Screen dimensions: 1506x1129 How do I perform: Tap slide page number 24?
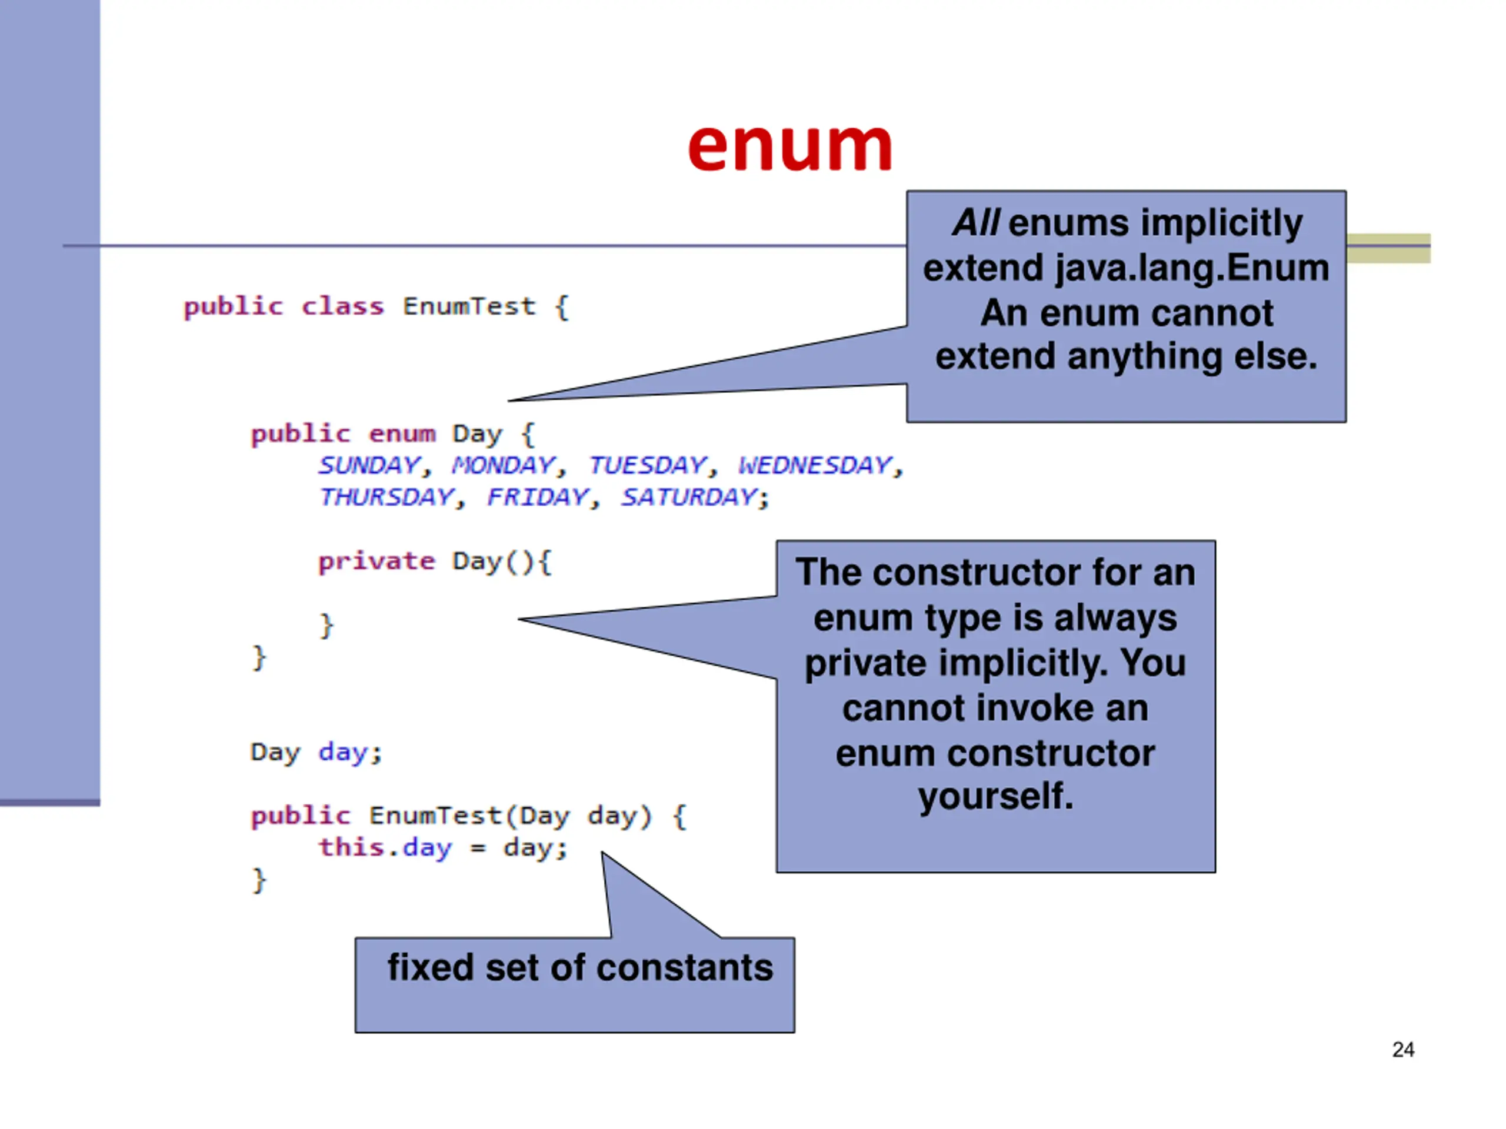1402,1050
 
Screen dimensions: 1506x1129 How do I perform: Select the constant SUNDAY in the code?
369,466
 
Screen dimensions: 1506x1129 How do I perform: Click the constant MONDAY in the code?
504,466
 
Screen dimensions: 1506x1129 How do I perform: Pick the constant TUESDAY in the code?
648,466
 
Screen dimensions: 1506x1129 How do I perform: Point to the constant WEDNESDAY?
815,466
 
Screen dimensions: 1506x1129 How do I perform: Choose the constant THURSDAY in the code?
387,497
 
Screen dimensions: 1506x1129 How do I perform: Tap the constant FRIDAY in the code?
538,497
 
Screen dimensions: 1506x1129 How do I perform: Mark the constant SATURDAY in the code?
689,497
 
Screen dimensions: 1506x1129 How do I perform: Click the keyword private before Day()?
376,562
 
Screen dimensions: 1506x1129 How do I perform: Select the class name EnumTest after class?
469,306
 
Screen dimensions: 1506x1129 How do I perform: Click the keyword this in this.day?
351,847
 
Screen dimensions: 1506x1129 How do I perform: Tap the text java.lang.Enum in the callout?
1192,268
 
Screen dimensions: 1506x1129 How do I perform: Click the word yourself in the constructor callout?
995,796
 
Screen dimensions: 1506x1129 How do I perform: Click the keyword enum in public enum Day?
402,433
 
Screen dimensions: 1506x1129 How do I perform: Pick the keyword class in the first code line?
342,306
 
